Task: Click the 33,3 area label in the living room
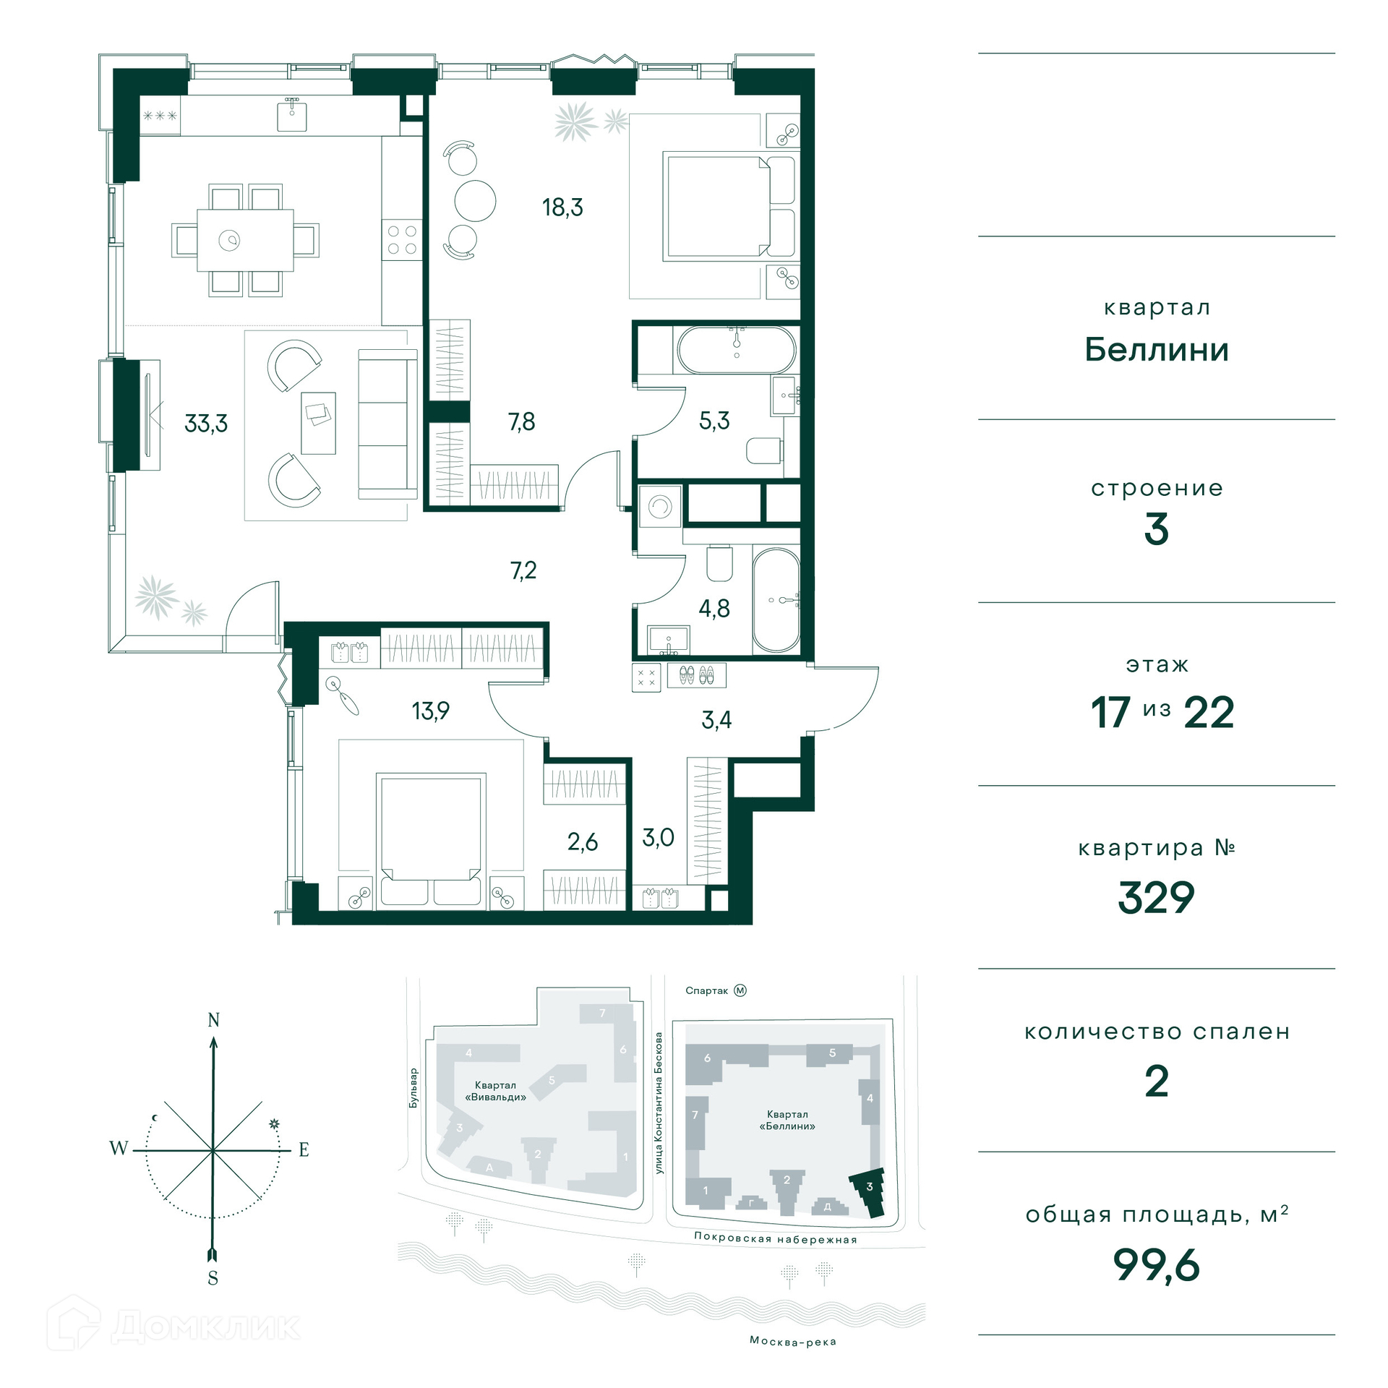pyautogui.click(x=206, y=423)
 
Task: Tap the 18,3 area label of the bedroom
pyautogui.click(x=562, y=207)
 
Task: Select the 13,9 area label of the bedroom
pyautogui.click(x=431, y=711)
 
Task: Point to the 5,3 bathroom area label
pyautogui.click(x=714, y=420)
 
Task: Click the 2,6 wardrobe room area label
pyautogui.click(x=583, y=841)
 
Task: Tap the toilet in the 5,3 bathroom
pyautogui.click(x=764, y=450)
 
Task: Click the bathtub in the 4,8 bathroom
pyautogui.click(x=776, y=600)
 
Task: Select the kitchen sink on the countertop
pyautogui.click(x=292, y=116)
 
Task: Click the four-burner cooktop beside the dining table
pyautogui.click(x=402, y=240)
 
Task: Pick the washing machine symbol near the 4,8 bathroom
pyautogui.click(x=660, y=507)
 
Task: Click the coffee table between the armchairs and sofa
pyautogui.click(x=318, y=422)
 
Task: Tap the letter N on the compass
pyautogui.click(x=213, y=1020)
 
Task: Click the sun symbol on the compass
pyautogui.click(x=274, y=1124)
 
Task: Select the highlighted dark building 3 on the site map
pyautogui.click(x=867, y=1192)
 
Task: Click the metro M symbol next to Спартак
pyautogui.click(x=740, y=990)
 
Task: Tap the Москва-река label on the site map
pyautogui.click(x=793, y=1341)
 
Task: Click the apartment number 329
pyautogui.click(x=1156, y=898)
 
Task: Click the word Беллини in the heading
pyautogui.click(x=1156, y=350)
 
